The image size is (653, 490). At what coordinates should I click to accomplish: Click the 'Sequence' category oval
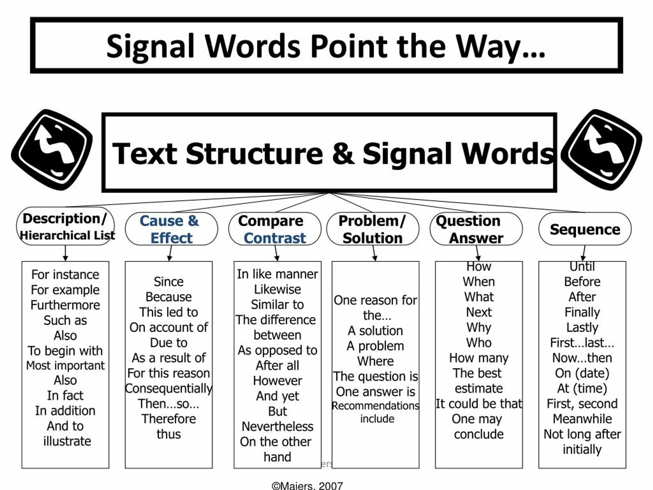pyautogui.click(x=585, y=229)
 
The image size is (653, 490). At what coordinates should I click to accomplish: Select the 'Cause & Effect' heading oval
pyautogui.click(x=171, y=229)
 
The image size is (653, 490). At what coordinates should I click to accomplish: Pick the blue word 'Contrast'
pyautogui.click(x=274, y=238)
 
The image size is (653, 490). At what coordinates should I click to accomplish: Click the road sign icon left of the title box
pyautogui.click(x=52, y=150)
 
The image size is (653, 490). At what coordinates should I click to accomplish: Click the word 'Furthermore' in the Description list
pyautogui.click(x=65, y=305)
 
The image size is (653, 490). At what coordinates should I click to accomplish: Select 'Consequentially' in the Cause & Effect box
pyautogui.click(x=169, y=388)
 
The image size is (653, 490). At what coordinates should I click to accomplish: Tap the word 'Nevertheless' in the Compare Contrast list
pyautogui.click(x=278, y=426)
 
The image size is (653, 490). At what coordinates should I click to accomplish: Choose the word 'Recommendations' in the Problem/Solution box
pyautogui.click(x=375, y=406)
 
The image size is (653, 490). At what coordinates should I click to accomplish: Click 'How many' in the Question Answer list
pyautogui.click(x=479, y=358)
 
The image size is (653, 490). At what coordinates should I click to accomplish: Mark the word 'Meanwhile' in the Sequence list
pyautogui.click(x=582, y=419)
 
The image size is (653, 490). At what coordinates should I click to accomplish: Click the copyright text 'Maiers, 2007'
pyautogui.click(x=307, y=486)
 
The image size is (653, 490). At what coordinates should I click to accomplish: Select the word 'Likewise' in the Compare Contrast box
pyautogui.click(x=278, y=289)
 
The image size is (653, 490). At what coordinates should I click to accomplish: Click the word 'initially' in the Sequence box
pyautogui.click(x=582, y=449)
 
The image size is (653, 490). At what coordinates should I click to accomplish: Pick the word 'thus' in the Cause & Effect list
pyautogui.click(x=169, y=434)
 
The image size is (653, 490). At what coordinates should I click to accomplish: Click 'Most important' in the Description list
pyautogui.click(x=65, y=366)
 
